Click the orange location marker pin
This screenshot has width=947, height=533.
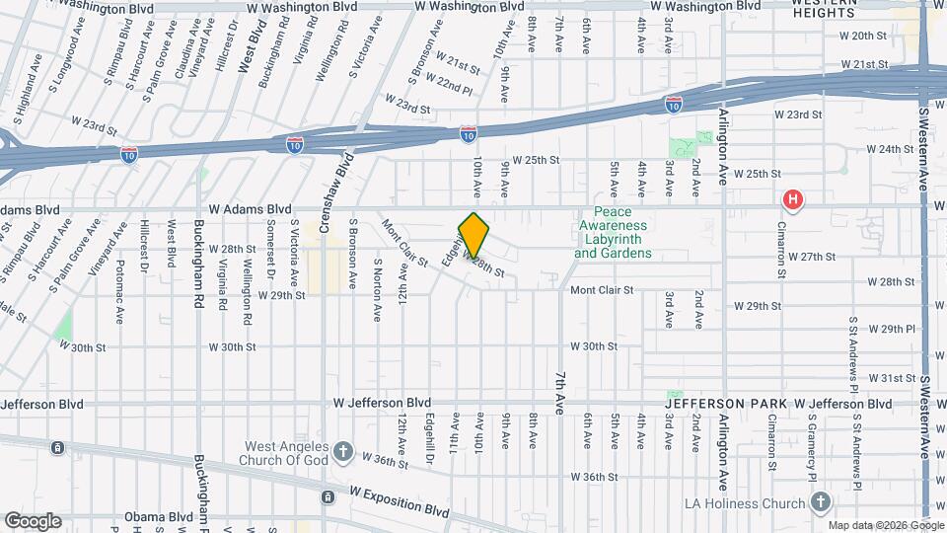click(x=474, y=234)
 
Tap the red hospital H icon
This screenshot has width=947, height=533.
click(x=791, y=201)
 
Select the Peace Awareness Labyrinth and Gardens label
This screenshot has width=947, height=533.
click(x=614, y=233)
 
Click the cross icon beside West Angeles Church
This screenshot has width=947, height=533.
click(x=342, y=451)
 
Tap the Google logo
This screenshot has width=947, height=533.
click(x=33, y=520)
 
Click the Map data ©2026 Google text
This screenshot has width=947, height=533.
click(x=886, y=524)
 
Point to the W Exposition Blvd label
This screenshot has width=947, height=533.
click(x=397, y=501)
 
